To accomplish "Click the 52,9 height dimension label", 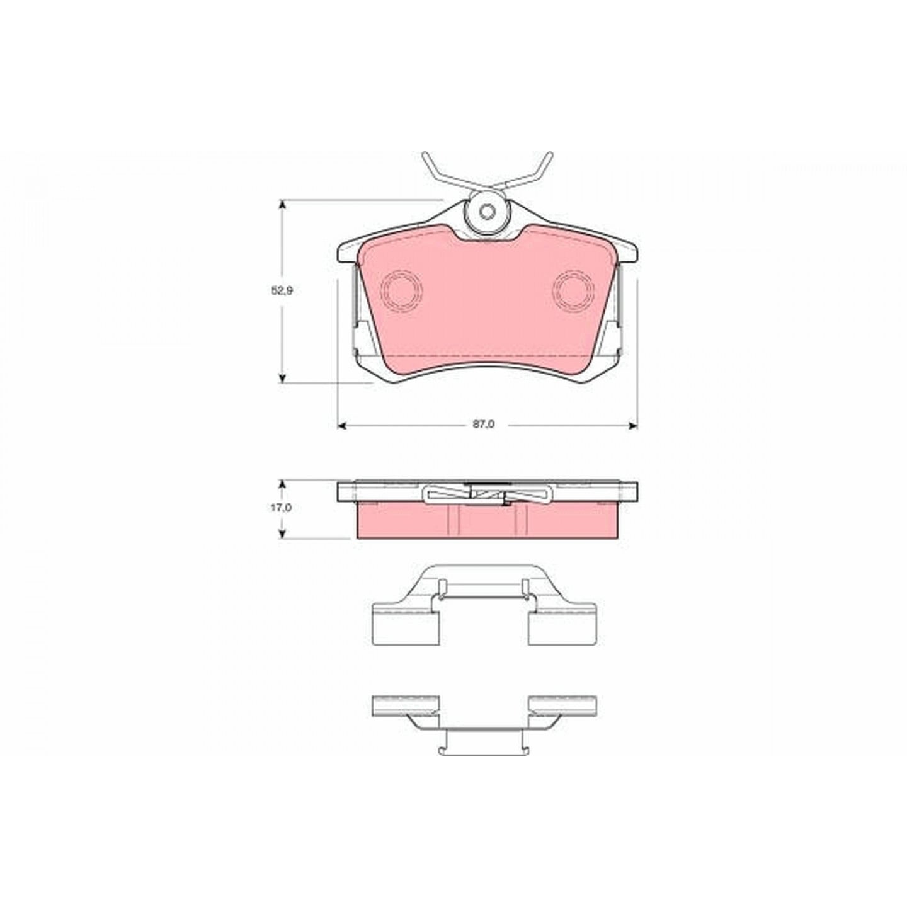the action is coord(282,291).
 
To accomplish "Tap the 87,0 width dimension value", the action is coord(484,425).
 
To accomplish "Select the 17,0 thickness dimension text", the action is coord(282,508).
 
